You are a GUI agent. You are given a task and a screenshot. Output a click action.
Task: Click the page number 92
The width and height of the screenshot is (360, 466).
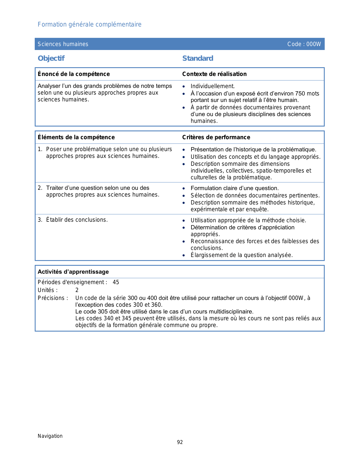point(180,442)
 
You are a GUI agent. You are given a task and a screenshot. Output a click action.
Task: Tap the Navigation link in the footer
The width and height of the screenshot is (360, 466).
point(50,436)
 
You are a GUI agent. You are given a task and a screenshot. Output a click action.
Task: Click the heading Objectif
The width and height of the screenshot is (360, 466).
point(51,58)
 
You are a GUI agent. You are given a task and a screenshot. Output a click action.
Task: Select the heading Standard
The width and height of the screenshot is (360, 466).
point(198,58)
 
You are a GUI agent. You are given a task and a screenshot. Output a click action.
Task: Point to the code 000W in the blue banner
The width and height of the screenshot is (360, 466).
point(314,44)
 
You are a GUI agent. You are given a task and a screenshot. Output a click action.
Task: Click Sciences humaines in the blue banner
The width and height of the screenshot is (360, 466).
point(63,44)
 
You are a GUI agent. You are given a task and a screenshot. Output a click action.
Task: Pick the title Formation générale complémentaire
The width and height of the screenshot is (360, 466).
point(90,25)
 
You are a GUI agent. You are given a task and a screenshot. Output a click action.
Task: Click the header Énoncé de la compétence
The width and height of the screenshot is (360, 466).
point(74,74)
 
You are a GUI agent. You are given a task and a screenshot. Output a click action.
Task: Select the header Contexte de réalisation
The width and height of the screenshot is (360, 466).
point(214,74)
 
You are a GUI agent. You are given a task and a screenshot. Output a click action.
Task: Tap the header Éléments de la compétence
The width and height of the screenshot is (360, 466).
point(76,137)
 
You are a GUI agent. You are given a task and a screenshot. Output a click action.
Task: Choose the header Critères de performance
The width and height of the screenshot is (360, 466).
point(216,137)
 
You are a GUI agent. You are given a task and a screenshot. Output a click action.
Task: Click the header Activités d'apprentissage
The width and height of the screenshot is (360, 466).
point(73,272)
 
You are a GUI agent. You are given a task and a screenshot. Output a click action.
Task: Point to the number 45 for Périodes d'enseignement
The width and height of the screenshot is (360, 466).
point(116,282)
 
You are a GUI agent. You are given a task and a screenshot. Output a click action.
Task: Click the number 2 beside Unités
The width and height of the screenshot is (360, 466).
point(77,290)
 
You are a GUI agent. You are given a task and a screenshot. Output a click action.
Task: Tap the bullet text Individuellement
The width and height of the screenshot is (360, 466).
point(213,86)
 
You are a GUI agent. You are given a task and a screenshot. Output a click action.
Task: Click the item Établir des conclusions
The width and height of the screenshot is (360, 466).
point(77,220)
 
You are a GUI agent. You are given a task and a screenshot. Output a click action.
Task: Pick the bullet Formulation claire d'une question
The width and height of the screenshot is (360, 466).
point(235,188)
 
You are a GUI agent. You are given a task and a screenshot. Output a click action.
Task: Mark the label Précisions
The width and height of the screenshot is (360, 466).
point(53,298)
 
